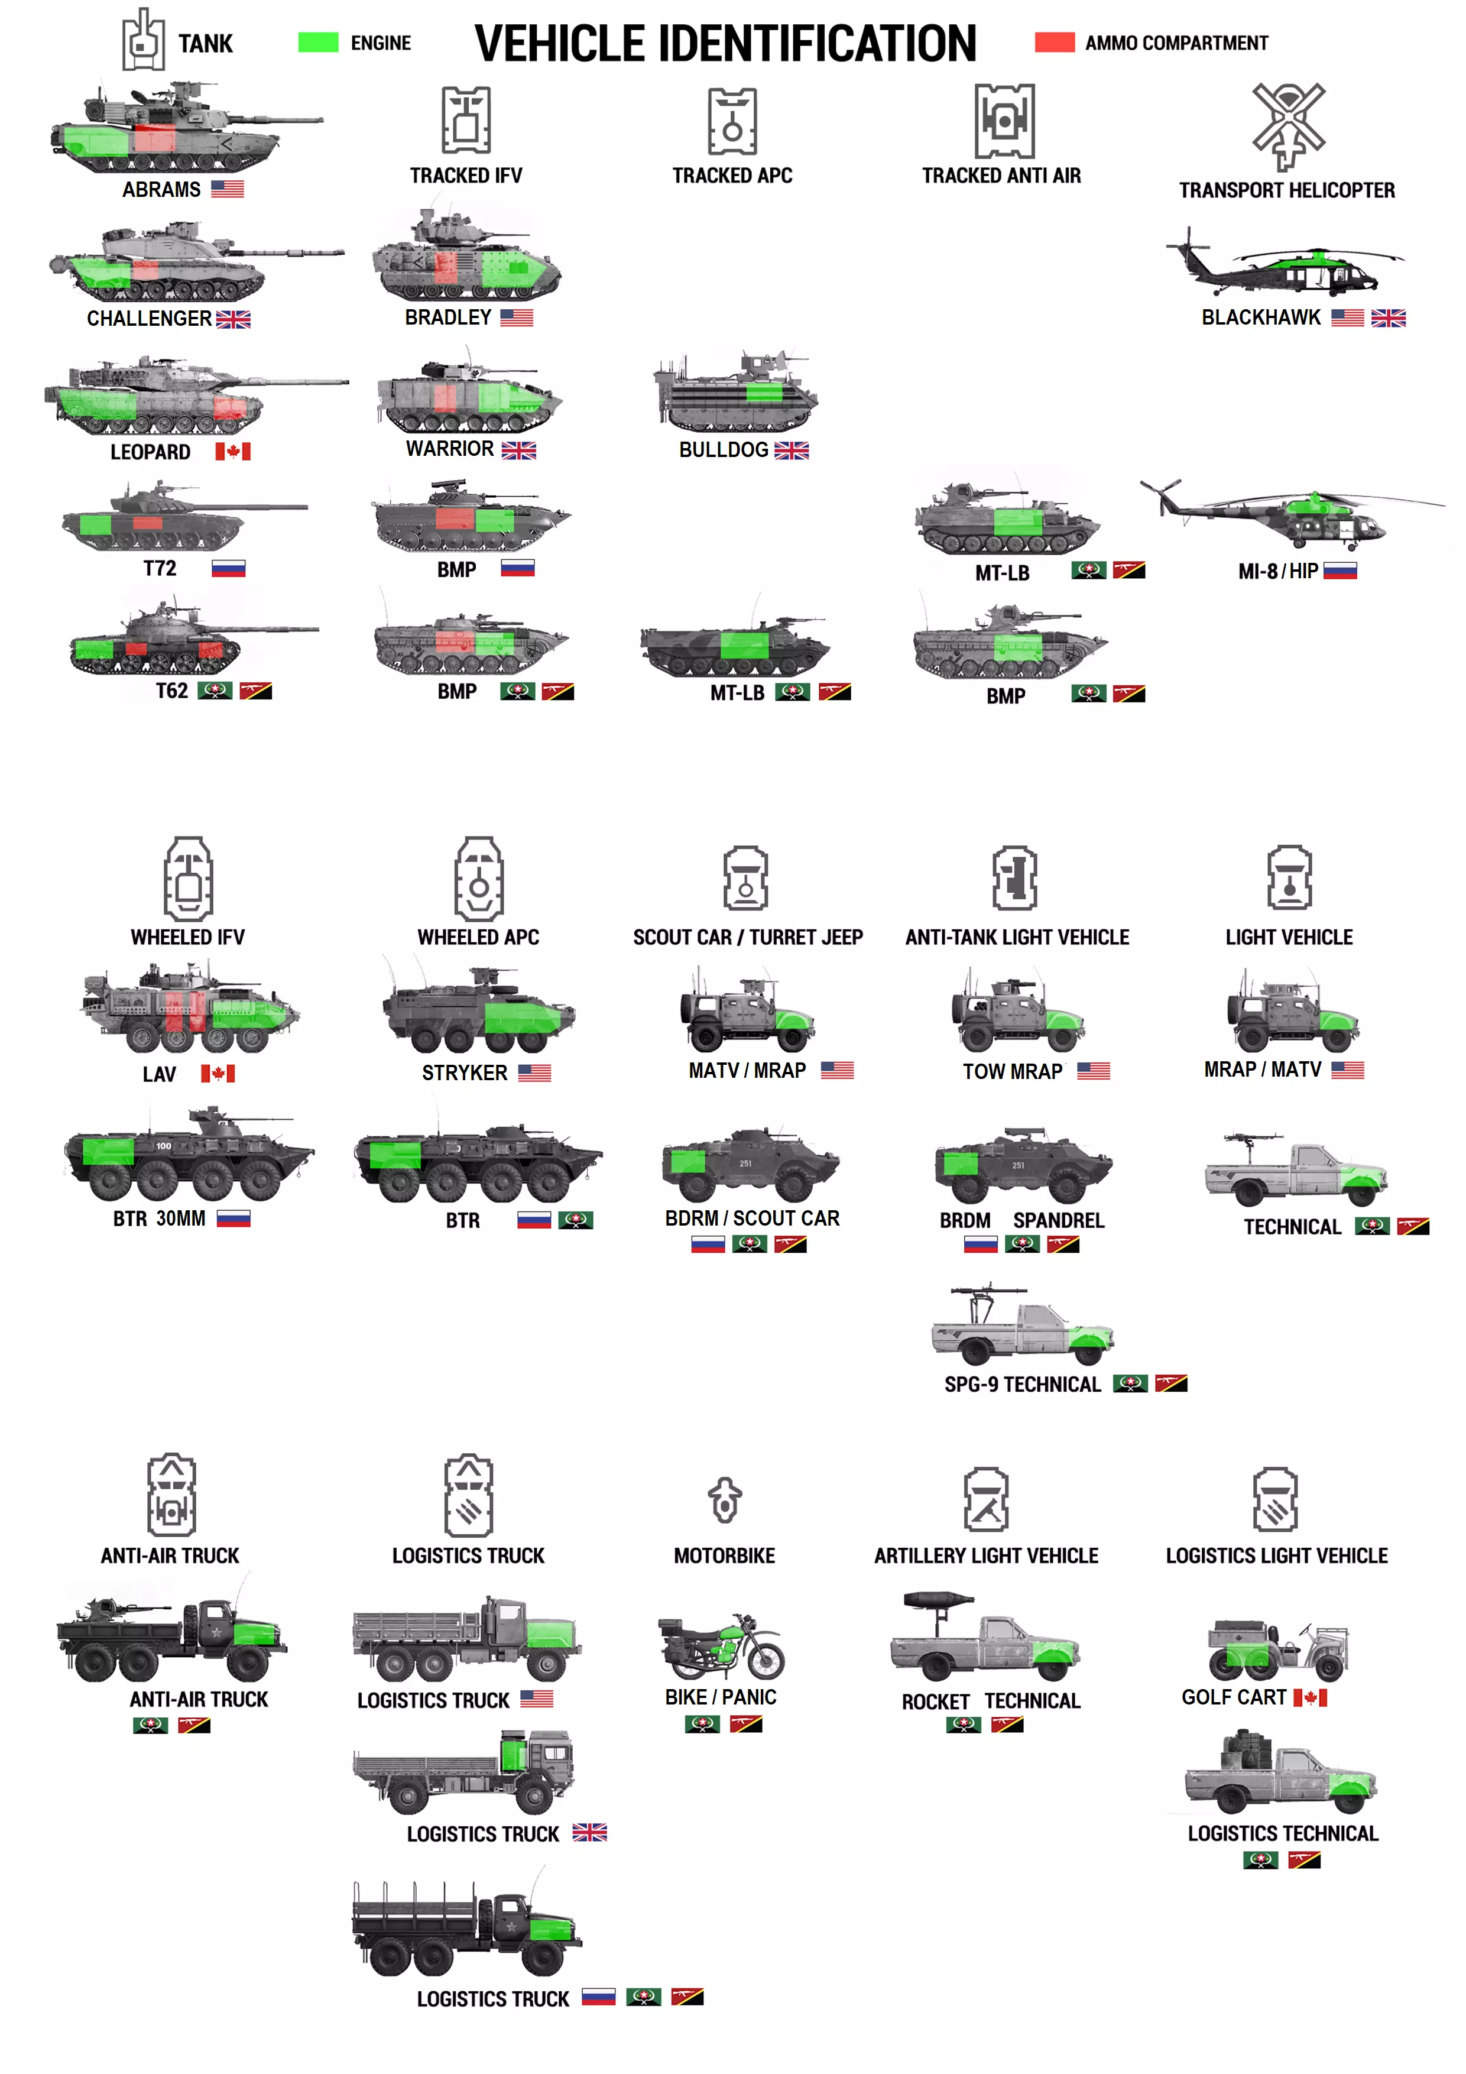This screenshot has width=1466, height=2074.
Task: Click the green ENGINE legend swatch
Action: point(318,43)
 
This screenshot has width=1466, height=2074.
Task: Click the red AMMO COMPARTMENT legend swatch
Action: point(1054,43)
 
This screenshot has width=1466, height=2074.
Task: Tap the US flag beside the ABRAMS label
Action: point(228,189)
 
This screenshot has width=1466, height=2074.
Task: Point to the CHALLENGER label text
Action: point(149,319)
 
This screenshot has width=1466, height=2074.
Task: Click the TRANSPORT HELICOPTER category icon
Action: point(1288,127)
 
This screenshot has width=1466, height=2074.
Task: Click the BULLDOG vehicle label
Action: point(724,450)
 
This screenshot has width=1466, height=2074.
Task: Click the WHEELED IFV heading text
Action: point(188,938)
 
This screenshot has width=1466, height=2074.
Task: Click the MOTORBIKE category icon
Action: point(724,1499)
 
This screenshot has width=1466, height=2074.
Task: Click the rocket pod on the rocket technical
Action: point(939,1600)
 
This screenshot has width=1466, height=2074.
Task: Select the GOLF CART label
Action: point(1234,1697)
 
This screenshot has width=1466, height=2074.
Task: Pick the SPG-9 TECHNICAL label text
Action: point(1023,1385)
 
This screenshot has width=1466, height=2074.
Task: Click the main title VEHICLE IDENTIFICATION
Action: point(725,43)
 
